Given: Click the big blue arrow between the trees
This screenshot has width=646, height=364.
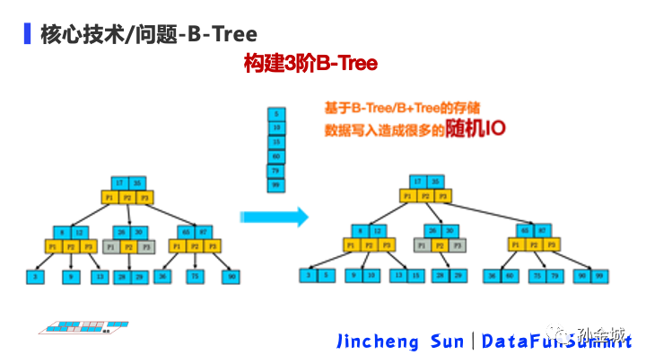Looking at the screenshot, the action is [x=274, y=217].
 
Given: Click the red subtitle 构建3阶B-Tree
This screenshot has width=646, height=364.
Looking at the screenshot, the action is [x=310, y=64].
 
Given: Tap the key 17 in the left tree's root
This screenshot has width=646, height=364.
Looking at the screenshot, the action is [x=118, y=182].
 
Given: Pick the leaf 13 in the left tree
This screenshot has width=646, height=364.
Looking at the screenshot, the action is [x=99, y=278].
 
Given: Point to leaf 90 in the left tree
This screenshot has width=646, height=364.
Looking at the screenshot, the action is [x=231, y=278].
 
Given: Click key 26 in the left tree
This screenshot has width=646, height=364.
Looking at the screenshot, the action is [x=120, y=231].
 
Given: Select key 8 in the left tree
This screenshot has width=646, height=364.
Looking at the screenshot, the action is [x=58, y=231].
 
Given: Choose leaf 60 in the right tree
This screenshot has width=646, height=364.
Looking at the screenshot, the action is [x=507, y=276].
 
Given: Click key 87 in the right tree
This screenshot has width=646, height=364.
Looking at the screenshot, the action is [x=537, y=231].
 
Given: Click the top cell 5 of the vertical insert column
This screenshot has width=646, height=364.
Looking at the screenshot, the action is [x=276, y=114].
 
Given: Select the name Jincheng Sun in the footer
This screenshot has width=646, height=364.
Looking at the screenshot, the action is [x=399, y=342].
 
